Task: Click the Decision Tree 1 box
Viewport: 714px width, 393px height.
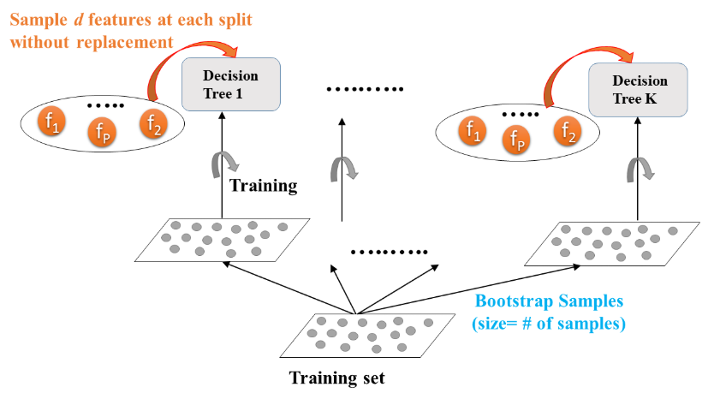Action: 231,84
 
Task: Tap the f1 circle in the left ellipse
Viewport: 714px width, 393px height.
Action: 53,124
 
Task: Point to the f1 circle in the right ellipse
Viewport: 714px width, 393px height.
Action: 471,130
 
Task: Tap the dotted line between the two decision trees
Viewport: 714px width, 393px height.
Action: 366,89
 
